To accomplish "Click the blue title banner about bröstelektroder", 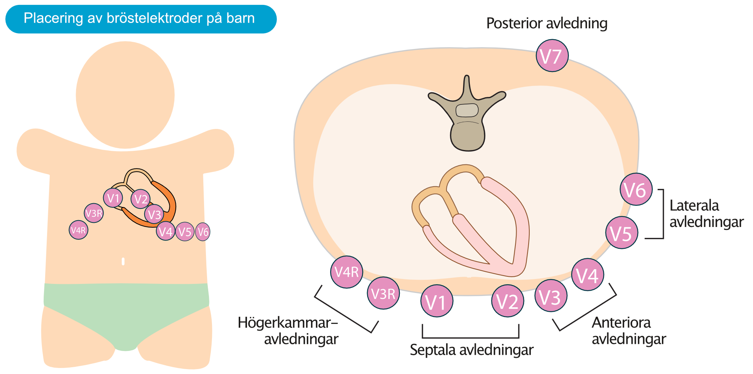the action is (141, 19).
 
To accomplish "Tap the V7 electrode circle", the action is (552, 56).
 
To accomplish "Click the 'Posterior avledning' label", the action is (547, 23).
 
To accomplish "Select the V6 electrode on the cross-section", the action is (636, 189).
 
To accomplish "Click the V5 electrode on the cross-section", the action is (622, 233).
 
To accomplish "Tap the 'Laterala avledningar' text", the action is (706, 213).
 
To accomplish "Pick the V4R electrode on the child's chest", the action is (79, 230).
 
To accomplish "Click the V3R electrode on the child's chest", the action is (94, 213).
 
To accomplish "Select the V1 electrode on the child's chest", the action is (113, 198).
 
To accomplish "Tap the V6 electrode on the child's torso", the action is (203, 231).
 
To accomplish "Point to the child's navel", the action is (123, 261).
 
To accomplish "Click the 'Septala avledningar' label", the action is (471, 350).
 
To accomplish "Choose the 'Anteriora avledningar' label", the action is (629, 331).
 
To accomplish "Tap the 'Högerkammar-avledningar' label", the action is (288, 331).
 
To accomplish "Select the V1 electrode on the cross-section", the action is (437, 301).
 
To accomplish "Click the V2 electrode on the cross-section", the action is (508, 301).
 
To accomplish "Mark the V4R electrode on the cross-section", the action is (347, 272).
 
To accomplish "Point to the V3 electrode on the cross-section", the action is (551, 296).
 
